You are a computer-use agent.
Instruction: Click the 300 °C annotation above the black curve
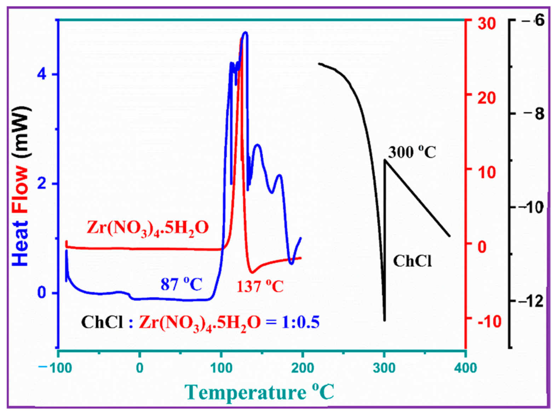click(412, 152)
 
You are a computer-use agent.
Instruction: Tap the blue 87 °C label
click(181, 284)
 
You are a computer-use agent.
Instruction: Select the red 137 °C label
click(260, 286)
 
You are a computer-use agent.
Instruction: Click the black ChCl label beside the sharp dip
click(412, 261)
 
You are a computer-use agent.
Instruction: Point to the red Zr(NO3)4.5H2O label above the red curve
click(148, 228)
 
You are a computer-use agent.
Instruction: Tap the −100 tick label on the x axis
click(56, 368)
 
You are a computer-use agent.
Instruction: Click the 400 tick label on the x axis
click(465, 368)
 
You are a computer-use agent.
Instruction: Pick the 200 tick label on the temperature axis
click(303, 368)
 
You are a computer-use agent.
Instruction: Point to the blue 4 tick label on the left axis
click(42, 74)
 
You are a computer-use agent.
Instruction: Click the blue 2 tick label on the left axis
click(42, 184)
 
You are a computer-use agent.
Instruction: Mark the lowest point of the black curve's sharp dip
click(385, 320)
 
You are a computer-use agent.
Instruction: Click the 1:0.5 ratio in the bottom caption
click(300, 322)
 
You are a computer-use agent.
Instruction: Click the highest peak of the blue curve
click(245, 33)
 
